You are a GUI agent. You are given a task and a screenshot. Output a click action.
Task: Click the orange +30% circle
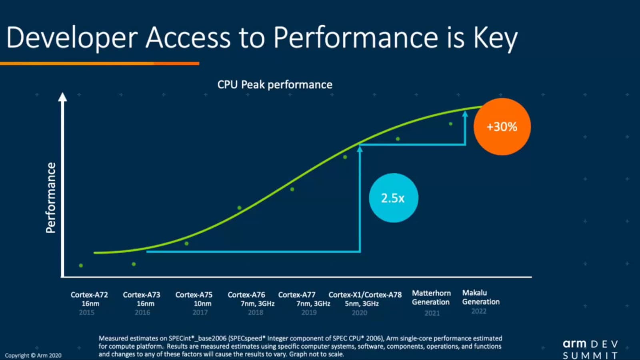click(x=502, y=127)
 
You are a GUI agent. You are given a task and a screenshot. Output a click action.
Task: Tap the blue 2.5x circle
click(x=393, y=198)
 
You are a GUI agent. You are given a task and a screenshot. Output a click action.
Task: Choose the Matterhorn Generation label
click(x=431, y=298)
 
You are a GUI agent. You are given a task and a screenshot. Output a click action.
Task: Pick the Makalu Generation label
click(x=481, y=297)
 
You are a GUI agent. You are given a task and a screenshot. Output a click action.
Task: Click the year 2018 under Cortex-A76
click(x=256, y=312)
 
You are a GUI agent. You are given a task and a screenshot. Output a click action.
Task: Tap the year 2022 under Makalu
click(x=479, y=311)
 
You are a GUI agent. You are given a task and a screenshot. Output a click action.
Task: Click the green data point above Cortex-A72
click(x=81, y=266)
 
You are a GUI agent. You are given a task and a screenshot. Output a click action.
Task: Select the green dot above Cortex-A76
click(x=239, y=208)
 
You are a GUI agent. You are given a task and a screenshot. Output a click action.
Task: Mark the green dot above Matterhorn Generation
click(x=398, y=139)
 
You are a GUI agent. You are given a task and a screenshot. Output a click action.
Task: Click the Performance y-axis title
click(x=51, y=198)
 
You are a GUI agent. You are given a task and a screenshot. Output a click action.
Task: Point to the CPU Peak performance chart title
click(x=275, y=85)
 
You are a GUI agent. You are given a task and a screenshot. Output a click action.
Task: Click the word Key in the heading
click(x=496, y=38)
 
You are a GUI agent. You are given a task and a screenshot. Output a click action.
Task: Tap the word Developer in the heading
click(x=72, y=38)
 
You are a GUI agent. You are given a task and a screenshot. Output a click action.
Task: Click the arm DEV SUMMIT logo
click(x=590, y=349)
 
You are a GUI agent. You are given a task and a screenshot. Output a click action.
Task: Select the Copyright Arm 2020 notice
click(x=33, y=355)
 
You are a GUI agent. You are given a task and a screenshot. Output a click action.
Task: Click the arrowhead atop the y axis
click(x=62, y=97)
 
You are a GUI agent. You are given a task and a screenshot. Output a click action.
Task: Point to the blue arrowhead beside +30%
click(x=465, y=114)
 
